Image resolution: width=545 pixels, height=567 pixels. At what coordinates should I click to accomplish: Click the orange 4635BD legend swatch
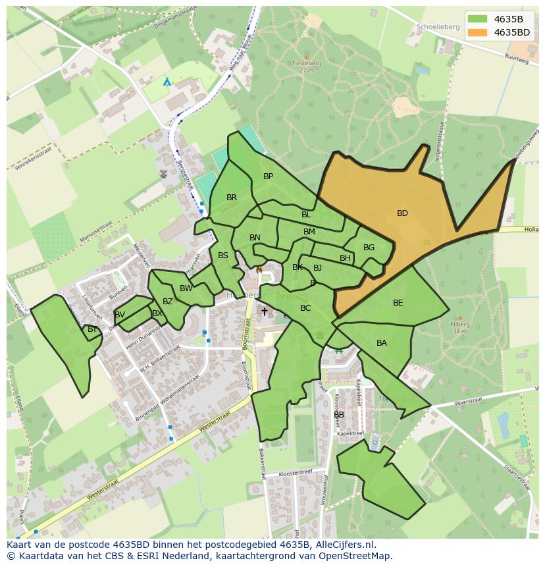click(x=478, y=32)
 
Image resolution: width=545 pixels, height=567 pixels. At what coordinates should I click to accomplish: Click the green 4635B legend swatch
click(x=478, y=19)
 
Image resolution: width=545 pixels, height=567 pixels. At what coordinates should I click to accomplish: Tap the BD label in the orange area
click(x=402, y=213)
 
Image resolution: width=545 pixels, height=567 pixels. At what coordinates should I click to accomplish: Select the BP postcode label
click(x=268, y=176)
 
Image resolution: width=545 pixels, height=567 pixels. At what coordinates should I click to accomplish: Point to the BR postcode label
click(x=232, y=198)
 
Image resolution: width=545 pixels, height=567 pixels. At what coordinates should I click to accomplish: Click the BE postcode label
click(x=398, y=303)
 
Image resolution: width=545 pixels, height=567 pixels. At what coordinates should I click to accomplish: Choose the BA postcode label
click(x=382, y=343)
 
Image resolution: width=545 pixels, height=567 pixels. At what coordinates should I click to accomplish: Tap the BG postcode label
click(x=369, y=248)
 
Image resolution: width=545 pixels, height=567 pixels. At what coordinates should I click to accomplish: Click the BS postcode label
click(x=223, y=256)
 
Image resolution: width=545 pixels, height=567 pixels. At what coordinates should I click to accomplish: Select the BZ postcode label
click(x=168, y=302)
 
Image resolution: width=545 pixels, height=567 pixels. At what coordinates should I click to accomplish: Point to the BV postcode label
click(x=120, y=315)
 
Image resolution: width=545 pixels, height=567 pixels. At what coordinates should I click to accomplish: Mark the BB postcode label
click(x=339, y=415)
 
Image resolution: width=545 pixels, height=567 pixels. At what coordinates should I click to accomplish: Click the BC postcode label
click(x=305, y=308)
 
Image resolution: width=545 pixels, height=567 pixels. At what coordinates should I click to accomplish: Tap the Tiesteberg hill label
click(x=305, y=64)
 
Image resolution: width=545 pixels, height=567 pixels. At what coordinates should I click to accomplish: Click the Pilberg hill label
click(x=460, y=324)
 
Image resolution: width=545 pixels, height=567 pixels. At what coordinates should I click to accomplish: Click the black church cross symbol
click(x=265, y=311)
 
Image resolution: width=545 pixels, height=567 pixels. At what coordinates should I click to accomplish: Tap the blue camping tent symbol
click(x=167, y=82)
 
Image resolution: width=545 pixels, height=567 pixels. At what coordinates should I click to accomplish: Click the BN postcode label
click(x=255, y=238)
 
